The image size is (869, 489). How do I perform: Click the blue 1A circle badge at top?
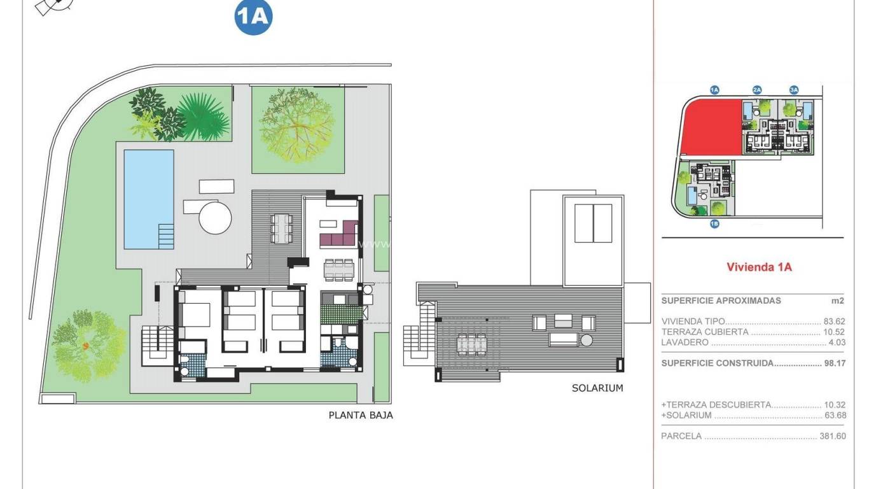pyautogui.click(x=254, y=17)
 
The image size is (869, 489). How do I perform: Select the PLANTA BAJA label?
pyautogui.click(x=361, y=415)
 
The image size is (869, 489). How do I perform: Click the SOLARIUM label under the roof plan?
pyautogui.click(x=597, y=388)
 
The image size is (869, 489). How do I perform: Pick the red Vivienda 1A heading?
pyautogui.click(x=759, y=267)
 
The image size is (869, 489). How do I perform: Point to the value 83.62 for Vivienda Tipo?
pyautogui.click(x=833, y=322)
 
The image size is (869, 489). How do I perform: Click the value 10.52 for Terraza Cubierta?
pyautogui.click(x=833, y=332)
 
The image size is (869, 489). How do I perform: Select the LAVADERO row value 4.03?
pyautogui.click(x=835, y=343)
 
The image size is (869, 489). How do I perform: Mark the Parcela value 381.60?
pyautogui.click(x=832, y=437)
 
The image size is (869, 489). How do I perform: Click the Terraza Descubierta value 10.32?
pyautogui.click(x=834, y=405)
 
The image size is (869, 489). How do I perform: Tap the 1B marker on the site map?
pyautogui.click(x=714, y=223)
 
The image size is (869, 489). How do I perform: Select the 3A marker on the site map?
pyautogui.click(x=794, y=90)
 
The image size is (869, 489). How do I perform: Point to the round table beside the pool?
pyautogui.click(x=215, y=218)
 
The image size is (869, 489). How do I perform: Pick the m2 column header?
pyautogui.click(x=838, y=301)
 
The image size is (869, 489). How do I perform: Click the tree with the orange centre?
pyautogui.click(x=85, y=346)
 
